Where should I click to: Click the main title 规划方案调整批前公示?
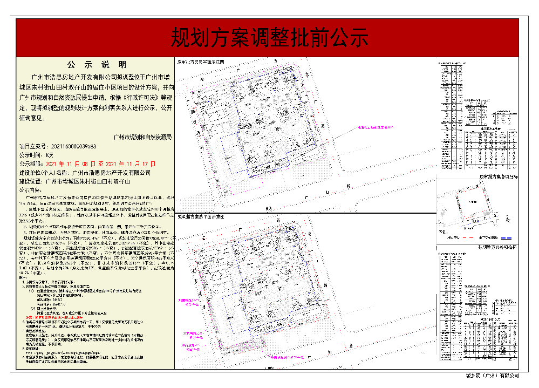tap(269, 38)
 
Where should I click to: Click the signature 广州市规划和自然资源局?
tap(142, 138)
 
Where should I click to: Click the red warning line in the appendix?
tap(59, 319)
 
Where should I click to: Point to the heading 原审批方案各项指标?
tap(500, 176)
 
